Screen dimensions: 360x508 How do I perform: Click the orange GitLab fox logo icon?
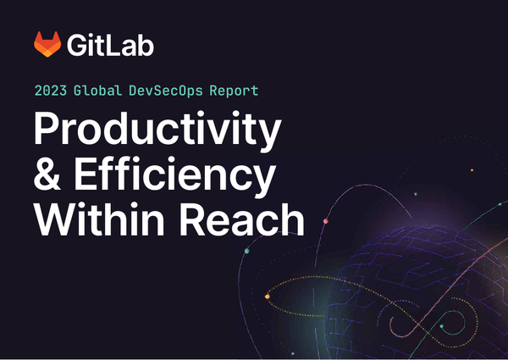47,44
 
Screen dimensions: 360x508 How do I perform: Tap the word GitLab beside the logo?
112,45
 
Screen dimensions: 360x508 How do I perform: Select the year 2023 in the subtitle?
52,89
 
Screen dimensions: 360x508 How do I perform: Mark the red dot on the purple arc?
325,221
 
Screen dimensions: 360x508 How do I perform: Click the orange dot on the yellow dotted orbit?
268,296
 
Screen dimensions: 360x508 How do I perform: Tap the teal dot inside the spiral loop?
441,325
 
